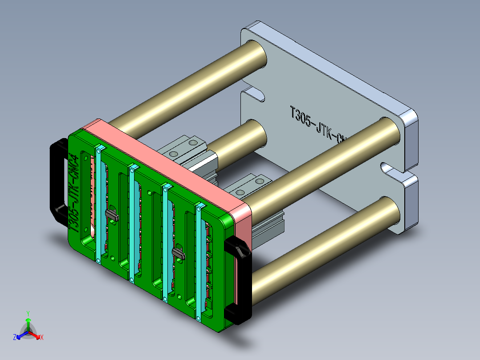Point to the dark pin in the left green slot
coord(111,215)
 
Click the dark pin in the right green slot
coord(178,254)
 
